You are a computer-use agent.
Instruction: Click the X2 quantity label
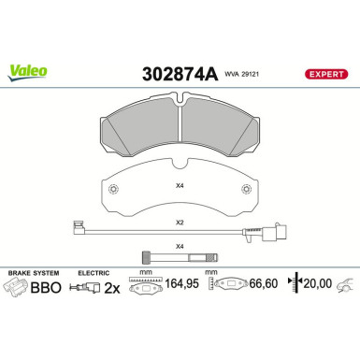[x=180, y=223]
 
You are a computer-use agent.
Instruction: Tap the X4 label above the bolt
[x=180, y=245]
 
